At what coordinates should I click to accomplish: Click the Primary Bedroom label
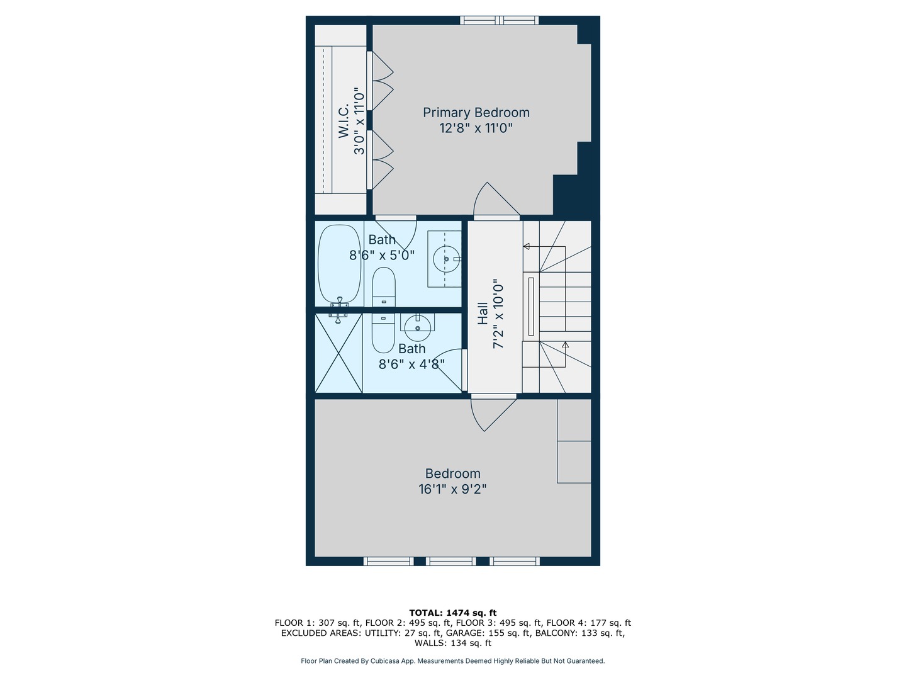[476, 113]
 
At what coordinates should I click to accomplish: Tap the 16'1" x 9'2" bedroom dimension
[452, 489]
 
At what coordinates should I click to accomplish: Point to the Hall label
[483, 313]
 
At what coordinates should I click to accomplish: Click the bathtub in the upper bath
[339, 264]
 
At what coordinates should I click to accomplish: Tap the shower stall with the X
[338, 353]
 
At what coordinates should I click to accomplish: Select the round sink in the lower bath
[417, 327]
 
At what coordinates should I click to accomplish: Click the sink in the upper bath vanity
[446, 259]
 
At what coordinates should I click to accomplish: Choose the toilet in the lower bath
[383, 333]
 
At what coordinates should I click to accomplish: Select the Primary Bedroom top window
[500, 20]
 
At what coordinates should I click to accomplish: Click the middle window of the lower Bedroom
[450, 561]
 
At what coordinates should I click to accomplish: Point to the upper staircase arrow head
[526, 246]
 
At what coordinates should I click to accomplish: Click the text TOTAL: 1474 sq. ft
[452, 613]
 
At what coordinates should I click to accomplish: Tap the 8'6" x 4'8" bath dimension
[411, 364]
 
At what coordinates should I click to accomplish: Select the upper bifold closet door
[381, 80]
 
